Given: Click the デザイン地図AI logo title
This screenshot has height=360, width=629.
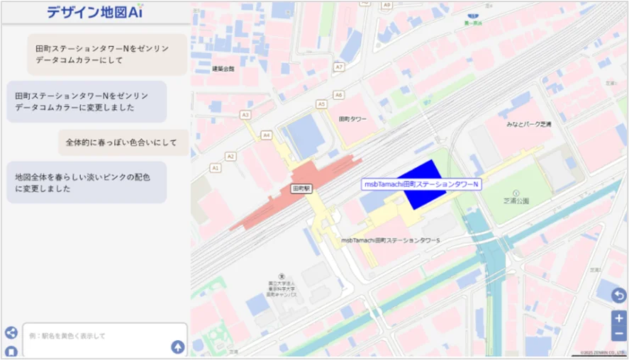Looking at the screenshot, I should [95, 11].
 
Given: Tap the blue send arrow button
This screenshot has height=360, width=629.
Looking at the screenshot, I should [177, 347].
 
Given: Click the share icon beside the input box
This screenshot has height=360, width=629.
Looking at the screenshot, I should [11, 332].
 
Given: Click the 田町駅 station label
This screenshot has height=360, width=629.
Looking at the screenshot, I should [301, 189].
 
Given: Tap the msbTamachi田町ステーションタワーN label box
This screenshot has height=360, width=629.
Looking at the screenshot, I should [421, 184].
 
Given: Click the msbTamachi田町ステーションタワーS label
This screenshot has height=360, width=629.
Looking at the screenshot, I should [390, 240].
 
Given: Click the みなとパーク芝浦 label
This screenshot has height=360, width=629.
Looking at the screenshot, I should [528, 124].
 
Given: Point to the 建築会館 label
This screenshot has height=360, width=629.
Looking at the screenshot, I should [223, 69].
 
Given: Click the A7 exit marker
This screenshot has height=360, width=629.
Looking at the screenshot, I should [339, 67].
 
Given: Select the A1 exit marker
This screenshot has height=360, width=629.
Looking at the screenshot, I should [216, 168].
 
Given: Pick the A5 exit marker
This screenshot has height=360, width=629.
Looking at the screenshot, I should [321, 103].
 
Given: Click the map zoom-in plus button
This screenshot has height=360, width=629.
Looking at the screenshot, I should [619, 318].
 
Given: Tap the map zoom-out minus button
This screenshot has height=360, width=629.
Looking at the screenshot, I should [619, 334].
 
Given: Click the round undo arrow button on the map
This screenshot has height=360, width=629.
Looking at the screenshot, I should [619, 296].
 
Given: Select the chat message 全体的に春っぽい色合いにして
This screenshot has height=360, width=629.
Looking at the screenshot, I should [121, 142].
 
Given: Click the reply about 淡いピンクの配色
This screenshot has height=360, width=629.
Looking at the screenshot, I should [87, 183].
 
